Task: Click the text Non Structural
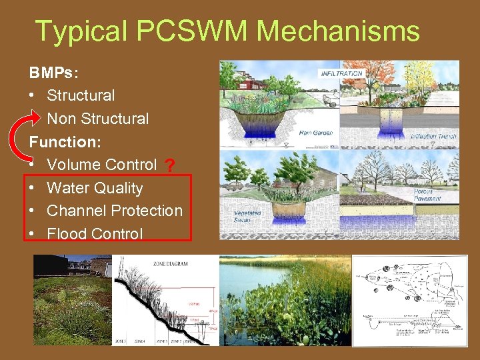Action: (x=98, y=119)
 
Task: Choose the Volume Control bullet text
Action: (x=102, y=165)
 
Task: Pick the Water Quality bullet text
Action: (x=95, y=188)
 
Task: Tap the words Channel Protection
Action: (x=115, y=211)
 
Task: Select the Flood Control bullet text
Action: (x=95, y=234)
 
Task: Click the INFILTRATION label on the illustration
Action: (x=342, y=73)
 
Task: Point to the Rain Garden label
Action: (x=315, y=133)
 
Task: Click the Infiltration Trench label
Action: (x=433, y=137)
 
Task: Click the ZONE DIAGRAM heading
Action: (x=170, y=264)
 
